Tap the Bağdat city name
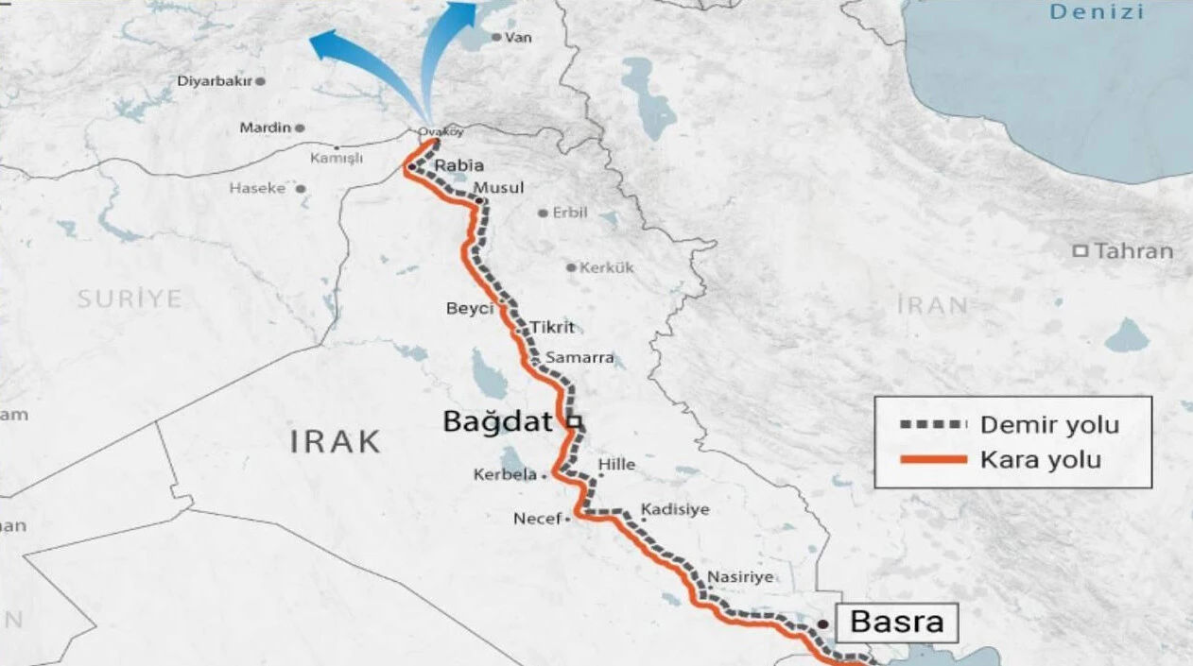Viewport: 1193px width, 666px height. click(497, 421)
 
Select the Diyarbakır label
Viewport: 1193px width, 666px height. click(215, 81)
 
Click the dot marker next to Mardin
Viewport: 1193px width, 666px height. click(300, 128)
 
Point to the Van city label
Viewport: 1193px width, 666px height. click(519, 38)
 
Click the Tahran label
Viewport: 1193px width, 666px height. click(1133, 251)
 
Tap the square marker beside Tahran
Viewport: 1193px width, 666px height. click(1080, 251)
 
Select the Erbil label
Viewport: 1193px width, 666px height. click(570, 213)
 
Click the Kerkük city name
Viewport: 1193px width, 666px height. click(607, 267)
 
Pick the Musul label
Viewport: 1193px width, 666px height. click(499, 188)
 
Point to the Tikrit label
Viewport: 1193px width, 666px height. click(552, 327)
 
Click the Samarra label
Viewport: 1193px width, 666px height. click(579, 358)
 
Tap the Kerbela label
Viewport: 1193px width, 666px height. click(505, 475)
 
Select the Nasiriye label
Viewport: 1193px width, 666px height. click(740, 576)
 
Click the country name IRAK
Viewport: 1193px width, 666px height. click(336, 441)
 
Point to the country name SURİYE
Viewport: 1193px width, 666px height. click(129, 299)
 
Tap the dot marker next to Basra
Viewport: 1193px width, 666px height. click(823, 623)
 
